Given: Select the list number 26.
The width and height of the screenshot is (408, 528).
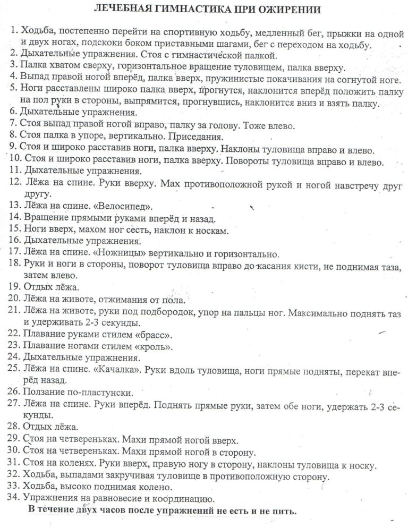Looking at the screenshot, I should point(15,393).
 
